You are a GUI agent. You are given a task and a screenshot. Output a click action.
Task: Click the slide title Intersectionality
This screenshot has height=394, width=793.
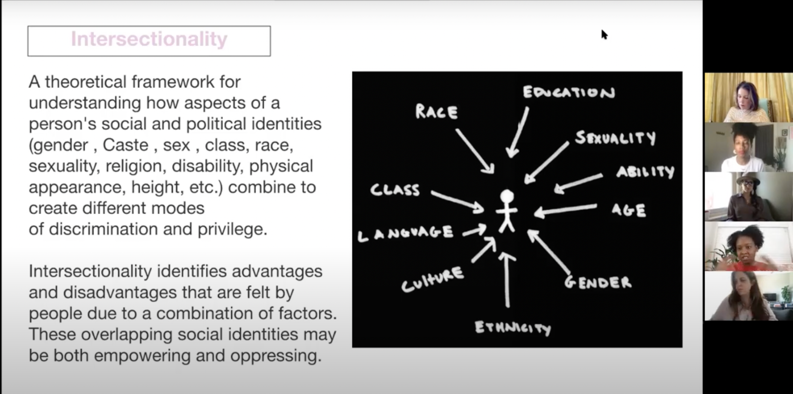[x=149, y=39]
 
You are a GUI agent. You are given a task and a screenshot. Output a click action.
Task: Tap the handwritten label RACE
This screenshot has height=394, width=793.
[x=436, y=112]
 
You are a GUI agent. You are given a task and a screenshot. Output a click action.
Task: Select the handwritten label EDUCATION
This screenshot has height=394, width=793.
[x=569, y=92]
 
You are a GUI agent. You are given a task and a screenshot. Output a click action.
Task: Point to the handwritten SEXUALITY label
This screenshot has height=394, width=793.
[x=615, y=138]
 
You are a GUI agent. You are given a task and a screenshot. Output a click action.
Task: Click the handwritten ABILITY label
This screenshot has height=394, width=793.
[x=645, y=172]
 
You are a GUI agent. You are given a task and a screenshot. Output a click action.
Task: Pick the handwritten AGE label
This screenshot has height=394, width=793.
[x=629, y=210]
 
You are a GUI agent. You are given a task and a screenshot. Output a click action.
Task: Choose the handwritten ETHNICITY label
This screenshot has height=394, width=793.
[x=513, y=328]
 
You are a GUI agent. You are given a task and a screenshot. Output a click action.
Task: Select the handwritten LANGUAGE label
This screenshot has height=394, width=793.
[x=406, y=233]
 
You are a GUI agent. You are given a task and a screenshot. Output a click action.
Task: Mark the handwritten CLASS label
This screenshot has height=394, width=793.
[x=395, y=190]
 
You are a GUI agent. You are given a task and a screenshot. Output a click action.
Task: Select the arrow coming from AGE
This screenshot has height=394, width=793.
[x=565, y=210]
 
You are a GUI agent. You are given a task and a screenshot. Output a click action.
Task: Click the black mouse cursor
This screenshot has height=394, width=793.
[x=604, y=35]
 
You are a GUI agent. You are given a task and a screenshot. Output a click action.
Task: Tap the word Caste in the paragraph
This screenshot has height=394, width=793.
[x=126, y=145]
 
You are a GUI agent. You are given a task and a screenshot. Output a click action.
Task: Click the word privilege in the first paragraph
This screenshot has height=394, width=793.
[x=232, y=229]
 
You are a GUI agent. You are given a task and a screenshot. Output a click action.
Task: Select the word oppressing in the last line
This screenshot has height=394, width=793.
[x=275, y=356]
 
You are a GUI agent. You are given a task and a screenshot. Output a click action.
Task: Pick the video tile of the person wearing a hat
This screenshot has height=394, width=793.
[x=749, y=197]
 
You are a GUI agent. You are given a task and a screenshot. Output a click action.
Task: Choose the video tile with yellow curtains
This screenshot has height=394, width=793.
[x=749, y=98]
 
